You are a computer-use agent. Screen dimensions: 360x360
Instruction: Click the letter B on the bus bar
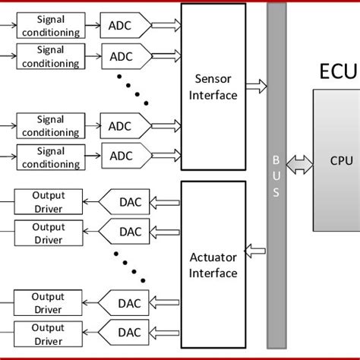[276, 160]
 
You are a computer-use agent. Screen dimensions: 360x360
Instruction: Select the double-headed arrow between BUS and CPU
[299, 161]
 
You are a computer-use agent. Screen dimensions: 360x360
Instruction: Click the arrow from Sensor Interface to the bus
[257, 86]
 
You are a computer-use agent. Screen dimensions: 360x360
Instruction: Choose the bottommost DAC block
[128, 332]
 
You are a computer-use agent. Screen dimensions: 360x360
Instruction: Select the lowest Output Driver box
[49, 332]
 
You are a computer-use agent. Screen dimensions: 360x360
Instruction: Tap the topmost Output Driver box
[49, 202]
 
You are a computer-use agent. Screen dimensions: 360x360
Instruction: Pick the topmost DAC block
[128, 202]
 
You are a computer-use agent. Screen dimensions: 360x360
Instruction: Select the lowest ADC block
[121, 156]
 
